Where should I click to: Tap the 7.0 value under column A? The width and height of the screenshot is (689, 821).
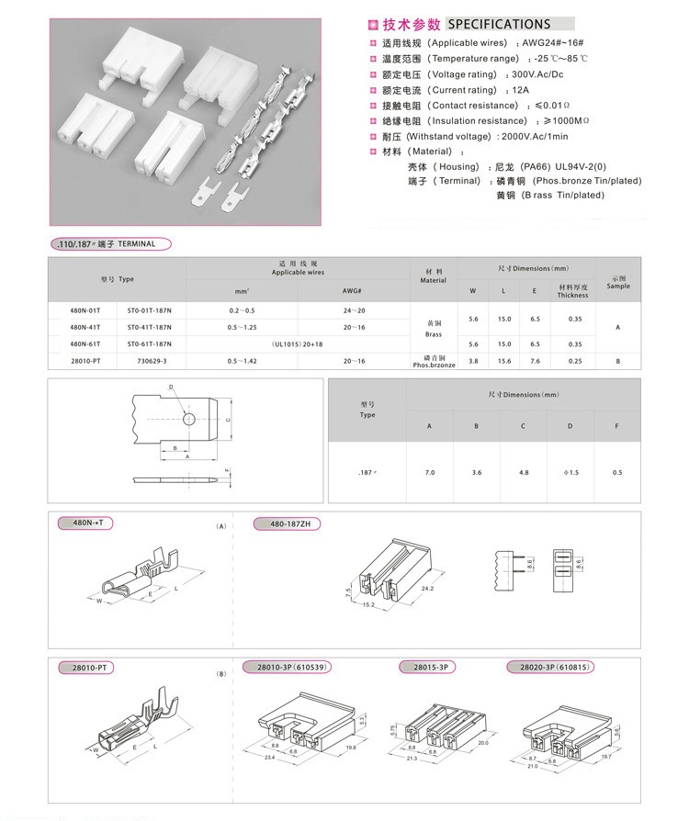coord(430,472)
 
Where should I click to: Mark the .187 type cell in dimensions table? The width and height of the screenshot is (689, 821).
coord(367,472)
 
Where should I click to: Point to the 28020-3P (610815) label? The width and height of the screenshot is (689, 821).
coord(552,666)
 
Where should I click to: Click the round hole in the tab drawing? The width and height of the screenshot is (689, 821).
coord(187,419)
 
